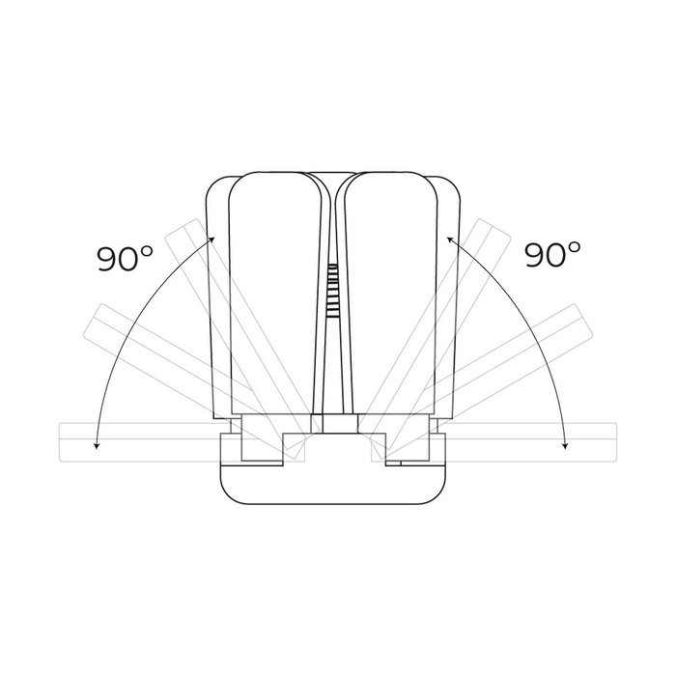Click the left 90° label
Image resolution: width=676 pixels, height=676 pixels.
125,258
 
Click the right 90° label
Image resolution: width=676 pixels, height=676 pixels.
552,254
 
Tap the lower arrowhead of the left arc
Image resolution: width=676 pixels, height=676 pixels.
97,446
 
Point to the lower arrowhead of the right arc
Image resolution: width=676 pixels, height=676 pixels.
565,446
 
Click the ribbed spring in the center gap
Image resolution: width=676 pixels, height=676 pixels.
332,291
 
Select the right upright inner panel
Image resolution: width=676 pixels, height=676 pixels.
390,294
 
